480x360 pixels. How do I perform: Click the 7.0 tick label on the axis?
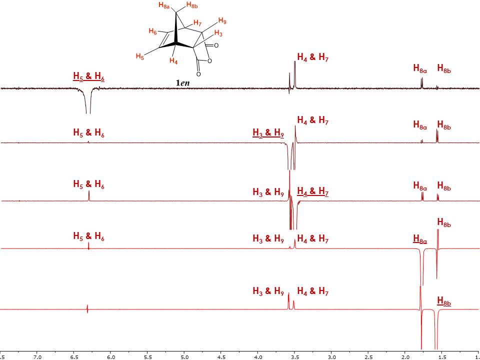tap(37, 357)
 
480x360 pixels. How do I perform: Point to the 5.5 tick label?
tap(147, 357)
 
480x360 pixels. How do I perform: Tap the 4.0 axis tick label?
tap(258, 357)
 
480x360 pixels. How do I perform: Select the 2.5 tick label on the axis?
tap(368, 357)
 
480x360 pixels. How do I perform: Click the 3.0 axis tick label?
tap(331, 357)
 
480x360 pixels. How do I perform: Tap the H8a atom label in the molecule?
tap(164, 5)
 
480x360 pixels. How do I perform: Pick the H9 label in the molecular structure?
tap(222, 21)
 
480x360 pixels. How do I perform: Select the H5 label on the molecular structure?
tap(140, 56)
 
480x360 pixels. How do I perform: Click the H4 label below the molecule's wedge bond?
tap(173, 60)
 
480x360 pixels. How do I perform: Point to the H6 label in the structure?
tap(153, 31)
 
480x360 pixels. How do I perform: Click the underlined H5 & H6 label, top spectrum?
tap(89, 76)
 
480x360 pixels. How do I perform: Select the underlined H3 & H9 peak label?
tap(268, 133)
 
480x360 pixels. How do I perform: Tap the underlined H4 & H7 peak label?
tap(313, 191)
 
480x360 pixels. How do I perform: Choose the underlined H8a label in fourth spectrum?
tap(420, 239)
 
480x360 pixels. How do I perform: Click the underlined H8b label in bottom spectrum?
tap(444, 301)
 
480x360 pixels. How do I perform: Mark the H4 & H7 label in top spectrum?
tap(313, 57)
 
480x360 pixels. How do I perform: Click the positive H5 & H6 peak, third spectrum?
tap(89, 195)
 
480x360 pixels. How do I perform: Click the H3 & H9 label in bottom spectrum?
tap(268, 291)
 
